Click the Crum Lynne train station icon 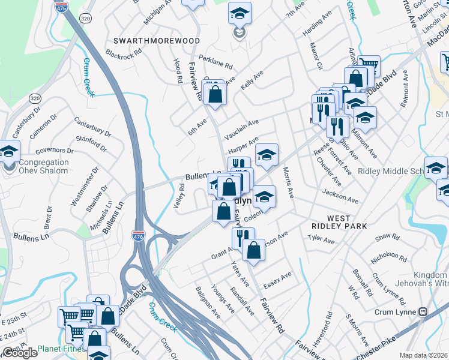coord(423,312)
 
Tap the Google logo coord(20,353)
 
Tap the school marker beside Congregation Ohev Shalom coord(8,151)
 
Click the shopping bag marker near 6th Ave coord(215,94)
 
